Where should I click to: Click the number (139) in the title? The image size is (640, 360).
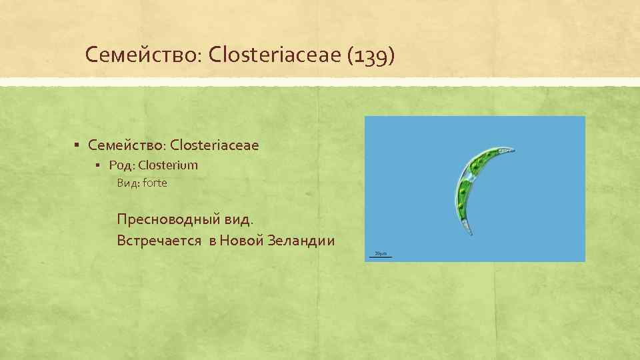[x=371, y=55]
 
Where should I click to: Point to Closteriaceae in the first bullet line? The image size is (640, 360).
[x=215, y=144]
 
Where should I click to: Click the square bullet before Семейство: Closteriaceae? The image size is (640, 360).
[x=78, y=145]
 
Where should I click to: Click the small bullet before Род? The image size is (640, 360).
[x=97, y=165]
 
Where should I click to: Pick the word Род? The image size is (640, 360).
[x=121, y=165]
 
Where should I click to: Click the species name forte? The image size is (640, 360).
[x=155, y=183]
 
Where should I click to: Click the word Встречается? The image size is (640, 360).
[x=159, y=240]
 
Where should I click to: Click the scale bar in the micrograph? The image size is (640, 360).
[x=381, y=256]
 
